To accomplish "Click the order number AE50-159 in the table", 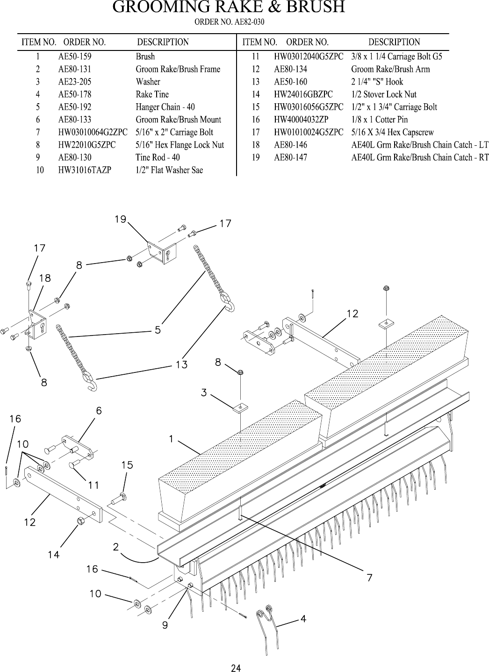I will [x=74, y=57].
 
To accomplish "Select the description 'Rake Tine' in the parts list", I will [x=152, y=94].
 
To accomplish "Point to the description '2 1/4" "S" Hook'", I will [x=377, y=82].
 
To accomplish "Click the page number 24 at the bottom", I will [x=237, y=668].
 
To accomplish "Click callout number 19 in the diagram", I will [x=121, y=219].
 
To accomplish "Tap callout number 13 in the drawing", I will [x=181, y=364].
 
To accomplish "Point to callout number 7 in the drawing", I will [x=369, y=578].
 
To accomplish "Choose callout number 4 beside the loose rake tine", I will [x=303, y=619].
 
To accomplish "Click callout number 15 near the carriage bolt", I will [x=127, y=465].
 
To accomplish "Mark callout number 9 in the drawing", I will [x=165, y=625].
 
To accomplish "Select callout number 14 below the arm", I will [x=53, y=555].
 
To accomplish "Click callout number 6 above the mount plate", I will [x=99, y=411].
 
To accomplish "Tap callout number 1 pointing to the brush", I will [x=172, y=439].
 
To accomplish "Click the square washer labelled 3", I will [x=240, y=407].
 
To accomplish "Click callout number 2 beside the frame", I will [x=115, y=547].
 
